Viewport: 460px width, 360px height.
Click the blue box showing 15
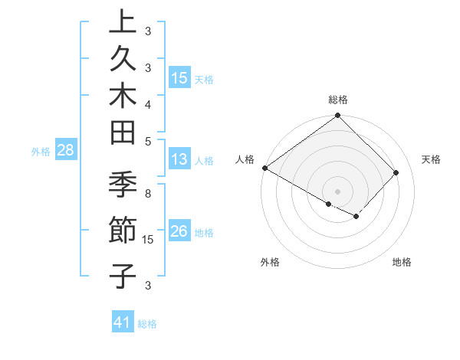click(x=179, y=78)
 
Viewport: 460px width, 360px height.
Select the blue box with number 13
click(x=179, y=160)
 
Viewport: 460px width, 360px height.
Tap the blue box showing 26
click(x=179, y=231)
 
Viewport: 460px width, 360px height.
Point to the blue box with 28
click(x=66, y=150)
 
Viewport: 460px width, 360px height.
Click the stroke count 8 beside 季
click(x=148, y=193)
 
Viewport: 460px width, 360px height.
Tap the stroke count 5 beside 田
click(x=148, y=140)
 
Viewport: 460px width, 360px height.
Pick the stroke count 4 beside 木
click(x=148, y=103)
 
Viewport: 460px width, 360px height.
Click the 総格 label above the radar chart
click(x=338, y=100)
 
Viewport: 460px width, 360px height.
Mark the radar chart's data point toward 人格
click(x=264, y=168)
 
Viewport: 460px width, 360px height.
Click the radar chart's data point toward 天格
click(x=396, y=172)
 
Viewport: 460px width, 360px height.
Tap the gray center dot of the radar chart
click(x=337, y=191)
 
